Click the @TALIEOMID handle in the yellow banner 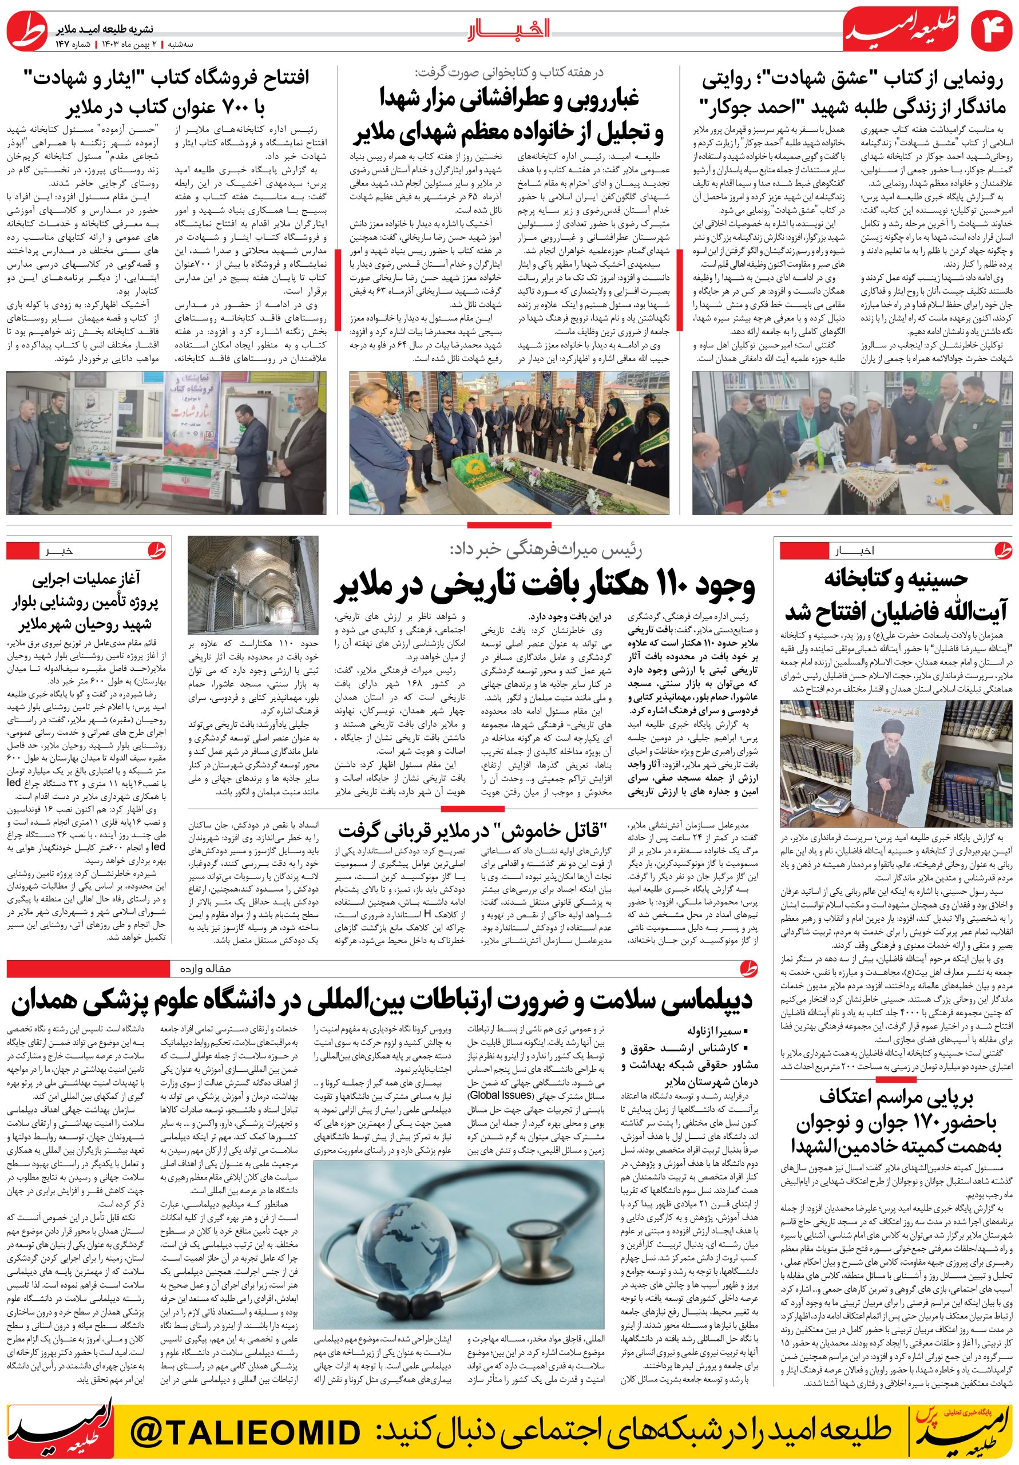(245, 1432)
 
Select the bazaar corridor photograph (253, 584)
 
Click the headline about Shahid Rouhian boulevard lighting (87, 601)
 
